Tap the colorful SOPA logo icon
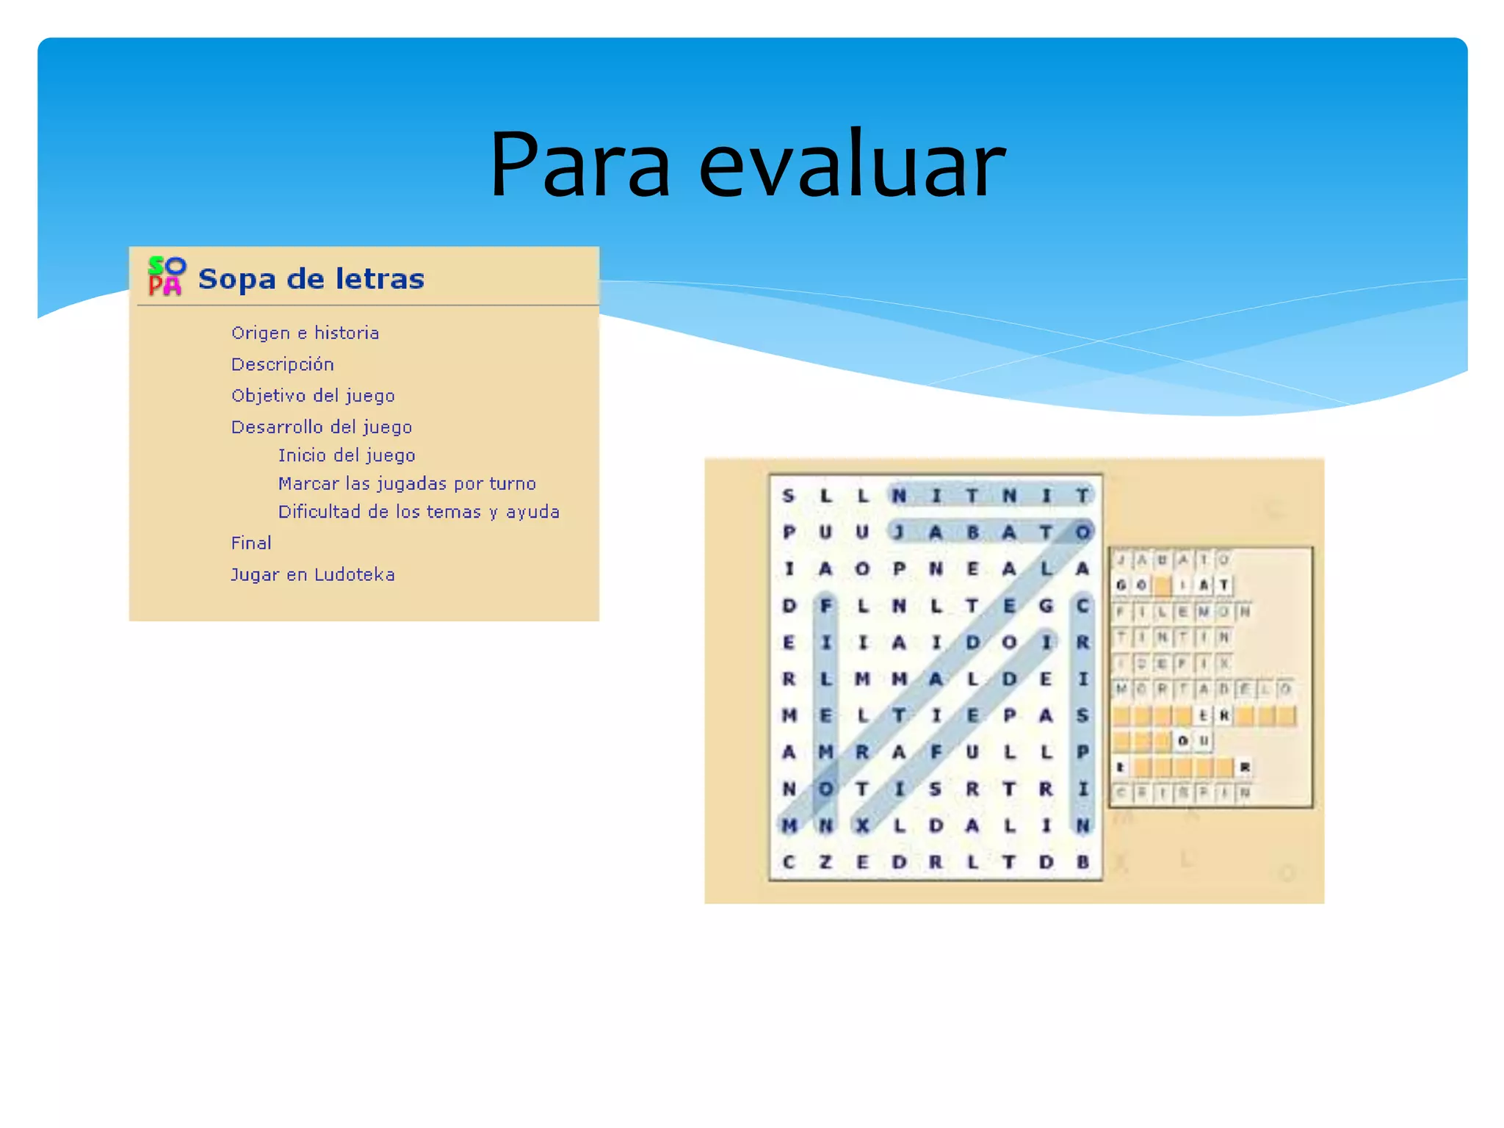(x=167, y=276)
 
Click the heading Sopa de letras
(x=311, y=279)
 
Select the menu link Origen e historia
(x=305, y=333)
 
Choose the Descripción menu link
(x=282, y=364)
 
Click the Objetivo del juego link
(x=313, y=396)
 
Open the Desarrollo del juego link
(x=321, y=427)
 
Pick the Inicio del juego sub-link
(x=346, y=455)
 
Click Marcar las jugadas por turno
(x=407, y=483)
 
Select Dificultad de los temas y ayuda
(x=419, y=512)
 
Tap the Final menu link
(x=250, y=543)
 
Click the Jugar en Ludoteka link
(x=312, y=574)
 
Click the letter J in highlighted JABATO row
(x=898, y=532)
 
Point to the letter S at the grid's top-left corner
(x=789, y=496)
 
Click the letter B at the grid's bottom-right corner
(x=1082, y=861)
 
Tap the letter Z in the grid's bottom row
(x=825, y=861)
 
